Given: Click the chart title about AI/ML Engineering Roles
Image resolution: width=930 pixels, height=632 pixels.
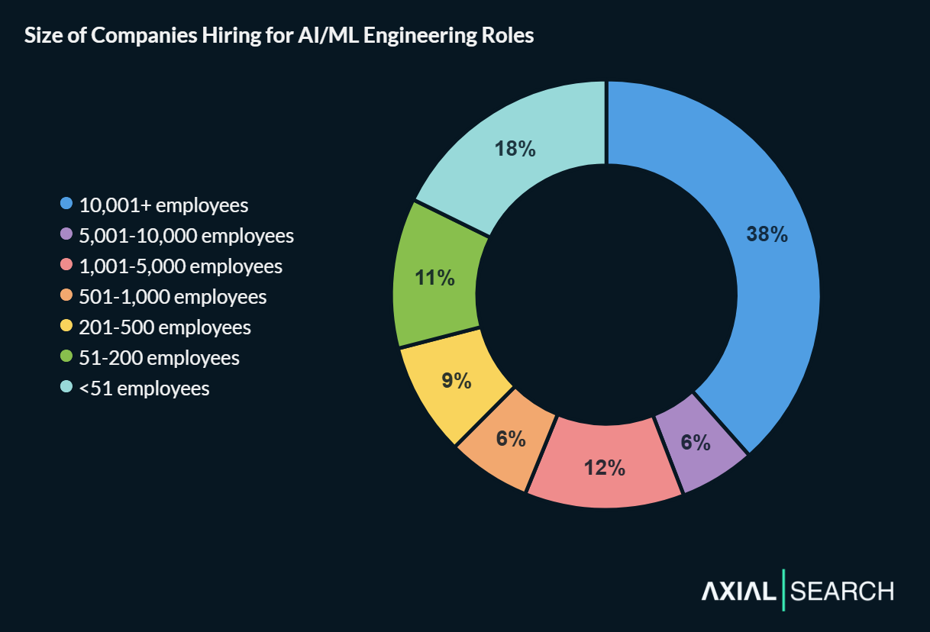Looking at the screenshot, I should (x=279, y=37).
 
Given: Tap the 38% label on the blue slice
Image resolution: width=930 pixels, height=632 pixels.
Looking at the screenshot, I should (x=767, y=234).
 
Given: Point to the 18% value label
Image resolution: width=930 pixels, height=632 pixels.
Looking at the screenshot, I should (x=515, y=149).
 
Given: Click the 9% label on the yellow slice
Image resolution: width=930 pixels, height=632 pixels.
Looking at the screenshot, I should (x=457, y=380).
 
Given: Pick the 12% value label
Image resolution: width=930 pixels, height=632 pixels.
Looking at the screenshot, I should (x=605, y=468).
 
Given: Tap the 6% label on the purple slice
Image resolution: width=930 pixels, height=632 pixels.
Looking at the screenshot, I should (x=696, y=443).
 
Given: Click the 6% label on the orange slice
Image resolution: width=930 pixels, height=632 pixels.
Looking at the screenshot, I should (x=510, y=439).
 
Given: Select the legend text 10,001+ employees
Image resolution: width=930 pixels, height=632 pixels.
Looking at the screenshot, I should (x=164, y=205).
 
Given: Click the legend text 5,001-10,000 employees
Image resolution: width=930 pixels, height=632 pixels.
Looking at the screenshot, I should (x=186, y=236).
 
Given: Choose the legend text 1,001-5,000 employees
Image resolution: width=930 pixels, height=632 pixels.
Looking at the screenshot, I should (x=181, y=266).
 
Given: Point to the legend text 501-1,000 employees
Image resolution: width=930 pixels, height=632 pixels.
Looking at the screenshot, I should (x=173, y=297).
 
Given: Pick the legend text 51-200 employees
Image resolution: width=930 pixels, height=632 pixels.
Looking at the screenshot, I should (x=159, y=358).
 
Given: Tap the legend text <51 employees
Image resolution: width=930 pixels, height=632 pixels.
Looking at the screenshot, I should (x=144, y=389).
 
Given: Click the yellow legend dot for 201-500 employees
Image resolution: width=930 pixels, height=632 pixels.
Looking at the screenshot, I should (x=66, y=327).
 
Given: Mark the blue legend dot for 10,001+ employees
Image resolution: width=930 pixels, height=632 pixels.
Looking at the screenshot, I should (x=66, y=205).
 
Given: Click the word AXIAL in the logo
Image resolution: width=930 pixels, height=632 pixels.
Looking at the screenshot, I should (x=738, y=591).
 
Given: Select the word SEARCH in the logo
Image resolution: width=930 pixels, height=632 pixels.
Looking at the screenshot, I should (x=842, y=591).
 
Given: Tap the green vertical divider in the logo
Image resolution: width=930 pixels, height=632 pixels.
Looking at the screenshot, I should (x=783, y=590).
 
